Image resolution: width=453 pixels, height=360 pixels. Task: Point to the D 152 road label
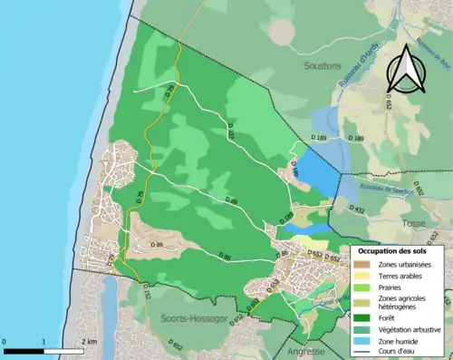click(x=120, y=291)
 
